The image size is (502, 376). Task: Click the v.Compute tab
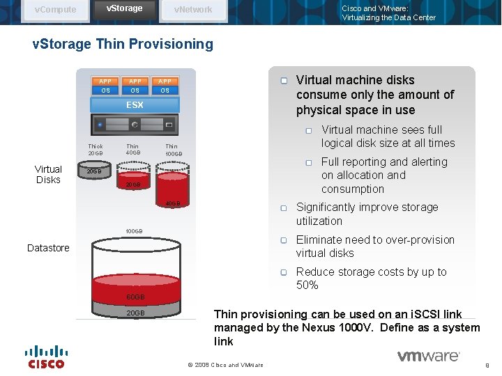(56, 10)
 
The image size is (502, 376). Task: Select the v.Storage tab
(124, 8)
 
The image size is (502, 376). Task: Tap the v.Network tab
(193, 10)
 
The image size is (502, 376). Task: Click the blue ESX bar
(135, 105)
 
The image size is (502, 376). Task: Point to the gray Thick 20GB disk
(96, 171)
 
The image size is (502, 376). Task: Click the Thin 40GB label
(132, 150)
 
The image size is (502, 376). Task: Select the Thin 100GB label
(173, 150)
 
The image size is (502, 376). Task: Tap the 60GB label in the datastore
(135, 297)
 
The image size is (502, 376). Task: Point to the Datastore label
(48, 248)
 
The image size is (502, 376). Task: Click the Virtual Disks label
(48, 174)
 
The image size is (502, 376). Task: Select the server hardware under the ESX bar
(135, 125)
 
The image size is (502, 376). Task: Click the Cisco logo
(46, 357)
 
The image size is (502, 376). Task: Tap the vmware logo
(428, 357)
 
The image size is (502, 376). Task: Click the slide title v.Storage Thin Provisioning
(123, 45)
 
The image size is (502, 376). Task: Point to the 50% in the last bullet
(307, 285)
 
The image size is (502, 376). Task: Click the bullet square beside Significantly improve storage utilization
(284, 208)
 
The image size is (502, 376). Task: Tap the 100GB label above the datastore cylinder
(134, 231)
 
